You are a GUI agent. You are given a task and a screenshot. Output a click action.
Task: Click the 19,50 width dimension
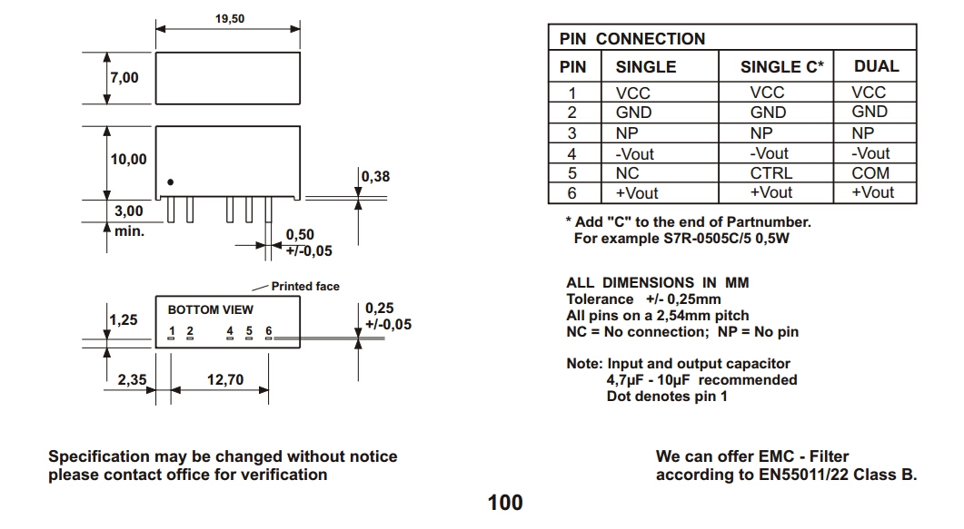(229, 18)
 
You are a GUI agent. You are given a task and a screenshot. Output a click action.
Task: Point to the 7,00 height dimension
(124, 78)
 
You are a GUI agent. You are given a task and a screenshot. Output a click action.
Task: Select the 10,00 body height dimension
(128, 160)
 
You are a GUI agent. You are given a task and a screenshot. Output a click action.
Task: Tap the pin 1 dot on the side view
(170, 181)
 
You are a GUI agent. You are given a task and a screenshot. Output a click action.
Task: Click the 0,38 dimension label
(375, 176)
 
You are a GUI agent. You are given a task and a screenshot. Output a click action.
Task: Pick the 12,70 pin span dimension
(224, 380)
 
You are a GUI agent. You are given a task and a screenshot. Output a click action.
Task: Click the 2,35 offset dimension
(132, 380)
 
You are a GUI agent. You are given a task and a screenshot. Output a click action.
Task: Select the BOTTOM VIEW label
(211, 309)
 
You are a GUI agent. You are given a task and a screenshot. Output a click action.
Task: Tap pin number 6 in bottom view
(269, 331)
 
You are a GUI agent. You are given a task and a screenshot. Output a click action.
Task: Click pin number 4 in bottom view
(230, 331)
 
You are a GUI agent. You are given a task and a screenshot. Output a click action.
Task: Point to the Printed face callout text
(305, 287)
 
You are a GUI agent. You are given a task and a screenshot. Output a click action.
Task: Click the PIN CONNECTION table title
(632, 39)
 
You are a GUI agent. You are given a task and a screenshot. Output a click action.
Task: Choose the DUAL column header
(876, 66)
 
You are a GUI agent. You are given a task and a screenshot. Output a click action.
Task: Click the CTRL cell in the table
(771, 173)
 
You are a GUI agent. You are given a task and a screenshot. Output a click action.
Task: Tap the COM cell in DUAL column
(870, 173)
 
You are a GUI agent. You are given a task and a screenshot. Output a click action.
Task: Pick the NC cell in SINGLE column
(628, 173)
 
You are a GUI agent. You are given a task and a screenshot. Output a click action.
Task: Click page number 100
(505, 502)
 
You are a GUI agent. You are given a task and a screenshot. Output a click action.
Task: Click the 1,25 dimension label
(124, 320)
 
